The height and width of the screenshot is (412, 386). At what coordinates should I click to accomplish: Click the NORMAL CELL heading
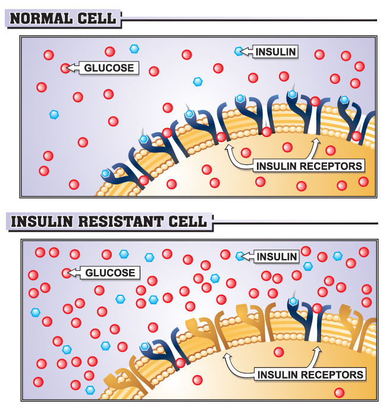63,18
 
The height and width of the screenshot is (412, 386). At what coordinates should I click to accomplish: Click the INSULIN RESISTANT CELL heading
108,222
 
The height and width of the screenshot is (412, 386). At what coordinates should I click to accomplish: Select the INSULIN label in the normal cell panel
275,52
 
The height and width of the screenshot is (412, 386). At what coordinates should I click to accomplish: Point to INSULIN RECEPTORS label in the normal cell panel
308,165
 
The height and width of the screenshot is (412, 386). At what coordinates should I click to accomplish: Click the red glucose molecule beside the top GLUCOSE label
65,68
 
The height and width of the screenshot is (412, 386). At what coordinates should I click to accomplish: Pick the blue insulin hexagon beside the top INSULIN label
239,52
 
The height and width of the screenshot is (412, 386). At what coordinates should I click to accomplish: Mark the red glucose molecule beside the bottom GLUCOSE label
66,273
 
